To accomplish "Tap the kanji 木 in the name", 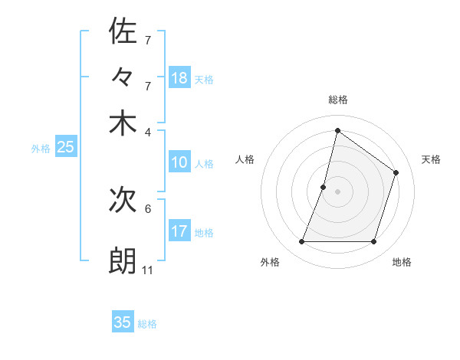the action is coord(123,123).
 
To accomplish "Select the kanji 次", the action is coord(123,201).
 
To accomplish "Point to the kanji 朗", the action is coord(123,260).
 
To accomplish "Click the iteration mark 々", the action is coord(123,78).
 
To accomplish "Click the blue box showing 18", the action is coord(179,78).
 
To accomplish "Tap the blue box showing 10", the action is coord(179,162).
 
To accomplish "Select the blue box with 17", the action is coord(179,231).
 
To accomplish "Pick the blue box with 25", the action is coord(65,147).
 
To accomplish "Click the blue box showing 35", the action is coord(123,322).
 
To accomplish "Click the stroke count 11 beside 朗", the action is coord(147,270).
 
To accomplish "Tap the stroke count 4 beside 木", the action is coord(147,131).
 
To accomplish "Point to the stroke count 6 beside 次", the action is coord(147,208).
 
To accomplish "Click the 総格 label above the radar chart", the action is coord(338,100).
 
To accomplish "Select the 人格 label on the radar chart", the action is coord(245,159).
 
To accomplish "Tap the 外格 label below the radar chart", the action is coord(270,262).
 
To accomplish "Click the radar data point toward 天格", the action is coord(396,172).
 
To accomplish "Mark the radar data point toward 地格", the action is coord(373,242).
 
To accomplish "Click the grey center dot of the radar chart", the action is coord(337,191).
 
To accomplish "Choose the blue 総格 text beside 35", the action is coord(147,324).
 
